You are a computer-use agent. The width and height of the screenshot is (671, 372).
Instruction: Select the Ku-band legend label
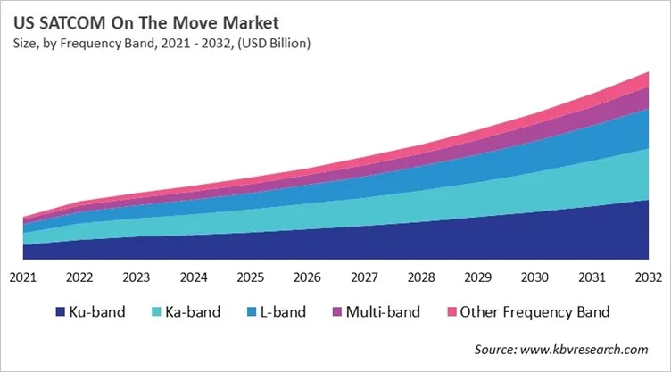click(98, 312)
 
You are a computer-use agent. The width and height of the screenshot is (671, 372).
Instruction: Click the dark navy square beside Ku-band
click(61, 312)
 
